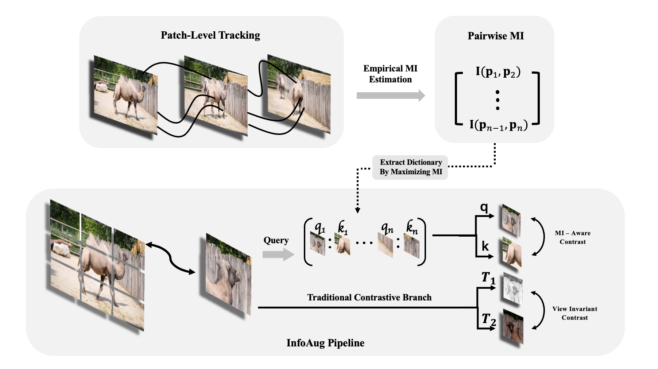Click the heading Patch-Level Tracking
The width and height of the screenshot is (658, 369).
point(210,35)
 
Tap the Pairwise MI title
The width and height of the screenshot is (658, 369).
point(496,36)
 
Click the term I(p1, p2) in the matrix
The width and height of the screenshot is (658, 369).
point(498,72)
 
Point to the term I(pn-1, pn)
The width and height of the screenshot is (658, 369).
point(498,125)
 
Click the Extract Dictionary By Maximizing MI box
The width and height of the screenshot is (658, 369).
point(410,167)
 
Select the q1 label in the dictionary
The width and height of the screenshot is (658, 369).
point(320,228)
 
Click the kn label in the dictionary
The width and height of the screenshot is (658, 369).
point(412,228)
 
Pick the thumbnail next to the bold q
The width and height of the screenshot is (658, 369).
point(511,221)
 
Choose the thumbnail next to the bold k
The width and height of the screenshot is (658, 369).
point(512,252)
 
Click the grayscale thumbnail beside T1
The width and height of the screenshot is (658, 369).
point(513,288)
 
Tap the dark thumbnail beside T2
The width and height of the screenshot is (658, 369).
point(513,326)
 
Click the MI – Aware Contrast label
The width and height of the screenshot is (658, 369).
point(573,237)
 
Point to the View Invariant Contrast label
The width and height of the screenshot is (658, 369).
point(574,313)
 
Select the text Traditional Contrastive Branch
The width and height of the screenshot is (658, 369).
point(369,298)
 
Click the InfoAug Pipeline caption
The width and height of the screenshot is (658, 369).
point(325,343)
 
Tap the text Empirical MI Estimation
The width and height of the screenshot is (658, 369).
point(390,74)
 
